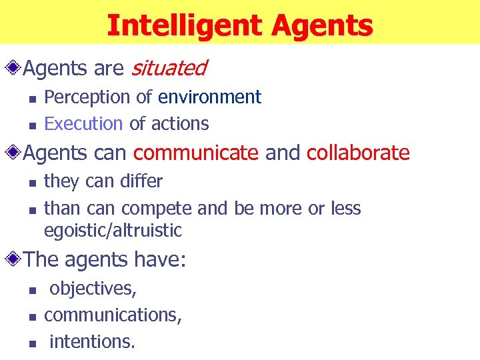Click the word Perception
point(87,97)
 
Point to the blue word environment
point(209,97)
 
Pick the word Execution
point(83,123)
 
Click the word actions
point(179,123)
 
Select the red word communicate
point(196,153)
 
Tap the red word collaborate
point(358,153)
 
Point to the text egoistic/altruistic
point(113,231)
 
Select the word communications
point(113,315)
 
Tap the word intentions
point(92,342)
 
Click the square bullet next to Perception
point(31,99)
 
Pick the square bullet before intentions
point(31,343)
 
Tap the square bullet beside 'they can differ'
point(31,183)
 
